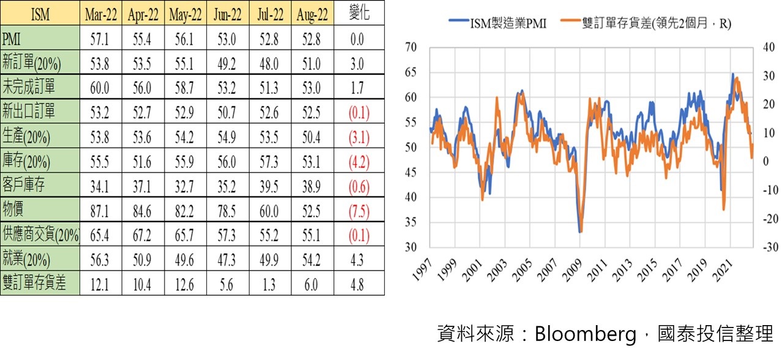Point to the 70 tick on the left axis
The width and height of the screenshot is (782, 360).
click(x=411, y=47)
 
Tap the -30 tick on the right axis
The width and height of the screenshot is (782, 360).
click(x=770, y=247)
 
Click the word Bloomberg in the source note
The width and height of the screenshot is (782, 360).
click(x=586, y=334)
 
